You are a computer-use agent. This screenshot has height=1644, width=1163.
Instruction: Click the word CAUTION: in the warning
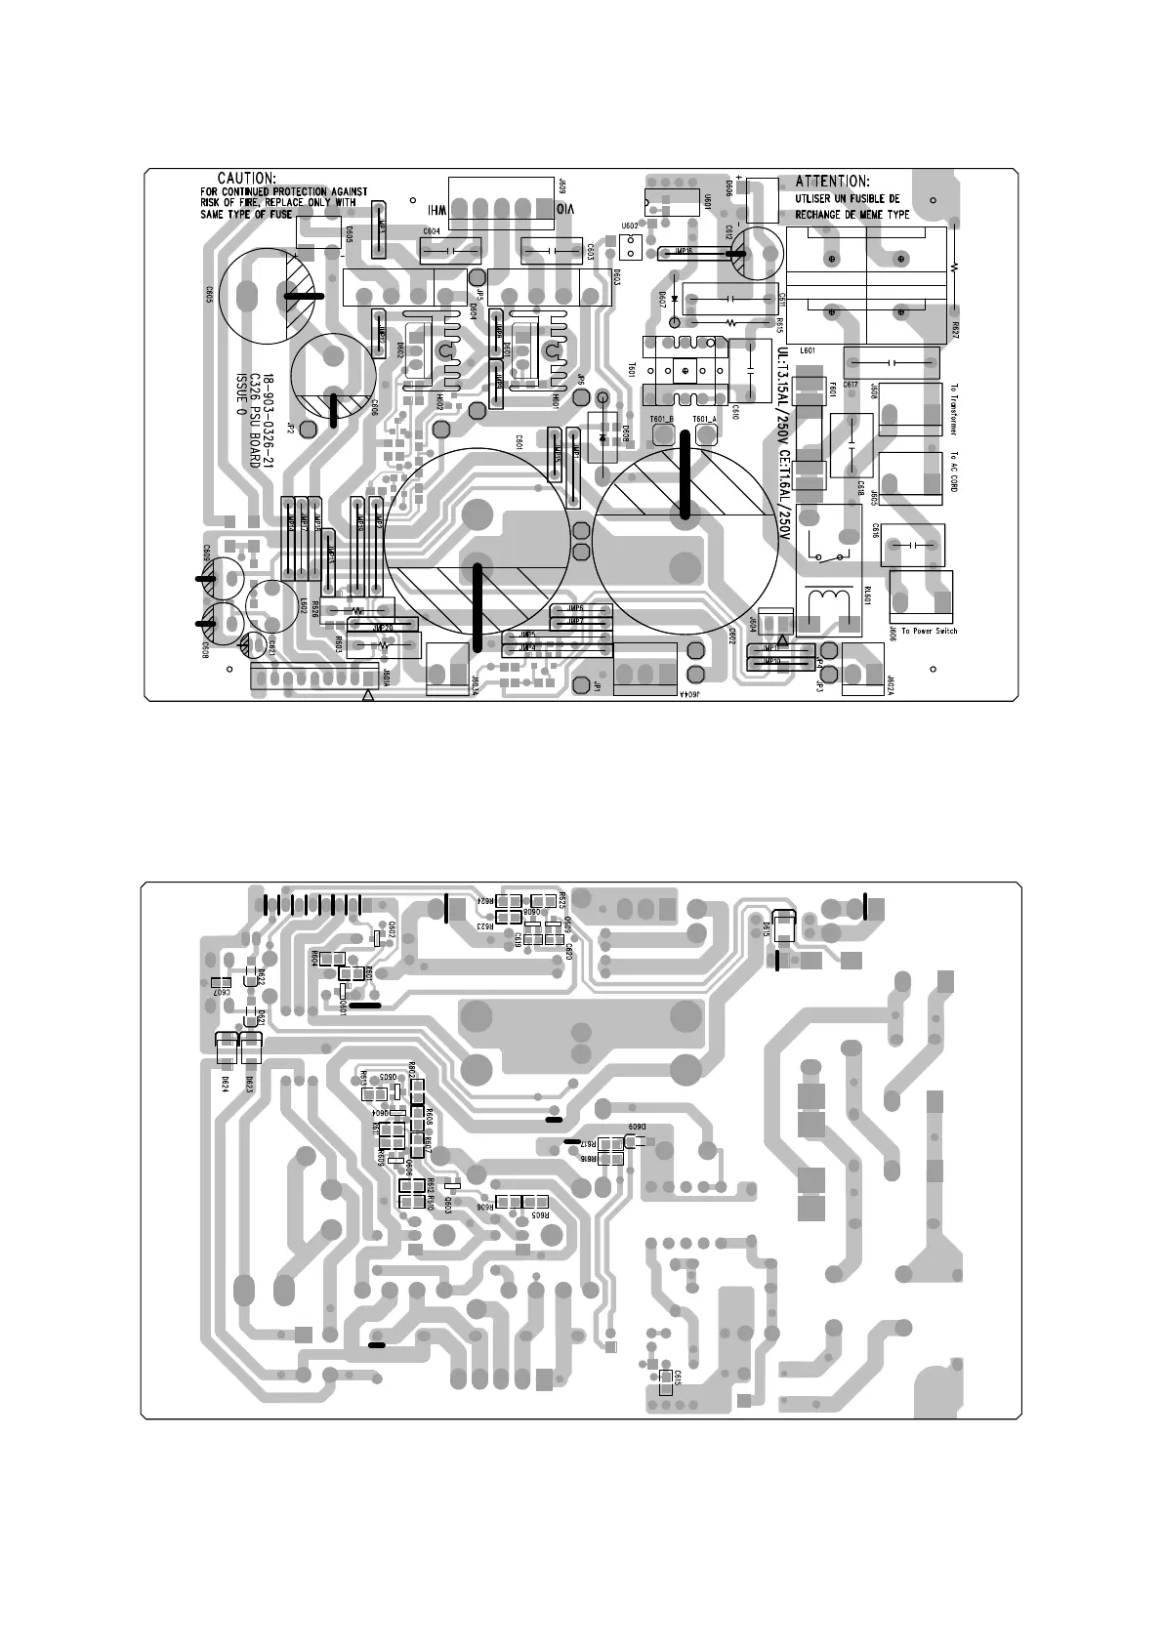[246, 178]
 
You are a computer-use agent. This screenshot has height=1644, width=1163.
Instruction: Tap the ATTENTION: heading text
[832, 181]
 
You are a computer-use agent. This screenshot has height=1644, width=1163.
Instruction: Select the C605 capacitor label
[209, 294]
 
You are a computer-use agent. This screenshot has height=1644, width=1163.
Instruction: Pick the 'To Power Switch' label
[923, 631]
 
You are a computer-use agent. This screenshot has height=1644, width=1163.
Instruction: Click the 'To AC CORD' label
[953, 472]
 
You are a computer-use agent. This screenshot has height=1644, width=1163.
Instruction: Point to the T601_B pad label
[662, 419]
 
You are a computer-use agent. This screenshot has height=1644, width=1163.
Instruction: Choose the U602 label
[630, 226]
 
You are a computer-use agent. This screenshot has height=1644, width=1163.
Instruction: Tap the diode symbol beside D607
[675, 298]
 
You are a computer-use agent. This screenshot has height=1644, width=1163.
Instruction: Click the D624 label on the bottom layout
[225, 1083]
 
